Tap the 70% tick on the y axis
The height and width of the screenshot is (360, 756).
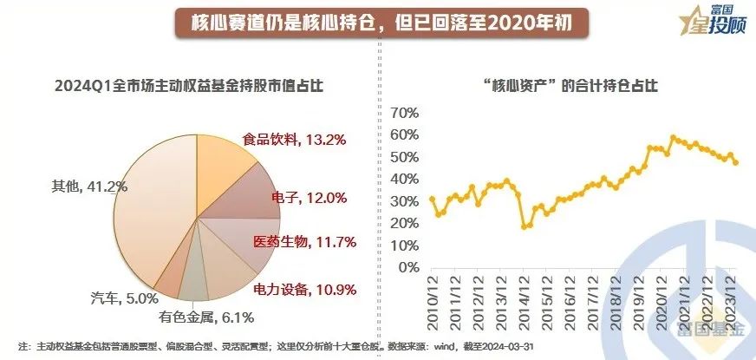pos(406,113)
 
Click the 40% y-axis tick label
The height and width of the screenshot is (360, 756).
pos(406,180)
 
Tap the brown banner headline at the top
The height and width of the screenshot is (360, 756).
pos(377,23)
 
